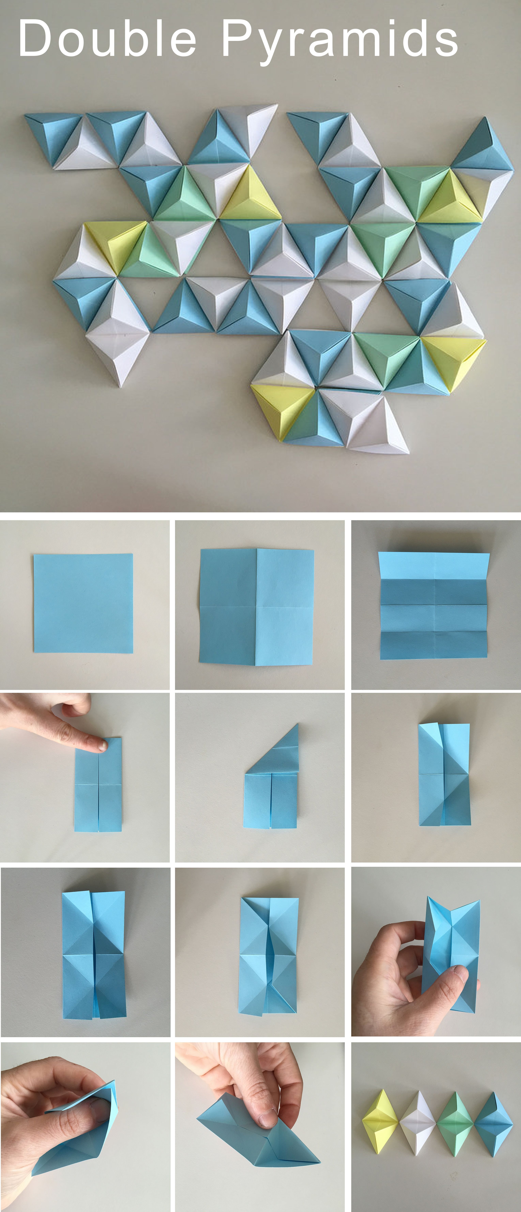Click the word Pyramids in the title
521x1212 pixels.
340,41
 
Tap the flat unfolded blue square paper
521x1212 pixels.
83,603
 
